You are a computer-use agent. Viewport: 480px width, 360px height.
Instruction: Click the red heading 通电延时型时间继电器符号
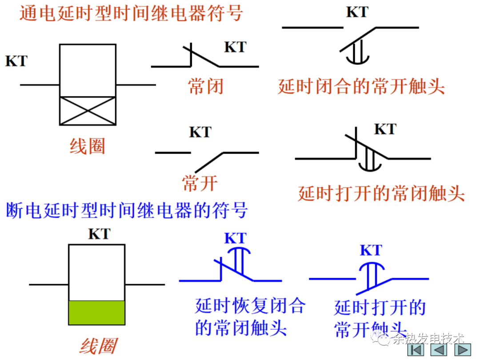(x=131, y=13)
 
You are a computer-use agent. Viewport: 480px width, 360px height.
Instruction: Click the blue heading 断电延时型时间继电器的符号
(x=127, y=210)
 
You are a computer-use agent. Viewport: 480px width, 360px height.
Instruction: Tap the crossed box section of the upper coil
(x=88, y=111)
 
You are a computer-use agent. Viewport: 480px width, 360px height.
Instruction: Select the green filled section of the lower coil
(x=96, y=312)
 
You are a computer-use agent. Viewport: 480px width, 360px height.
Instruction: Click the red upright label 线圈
(x=87, y=146)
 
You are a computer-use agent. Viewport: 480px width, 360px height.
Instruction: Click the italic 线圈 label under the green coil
(x=98, y=346)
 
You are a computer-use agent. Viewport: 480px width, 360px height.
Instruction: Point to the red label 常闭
(x=205, y=86)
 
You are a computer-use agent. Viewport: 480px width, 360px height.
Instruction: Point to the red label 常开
(x=200, y=183)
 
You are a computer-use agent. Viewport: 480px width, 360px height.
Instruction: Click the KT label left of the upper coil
(x=16, y=61)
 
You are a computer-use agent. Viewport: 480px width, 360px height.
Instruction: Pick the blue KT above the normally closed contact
(x=235, y=238)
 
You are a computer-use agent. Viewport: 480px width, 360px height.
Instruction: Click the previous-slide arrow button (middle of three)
(x=439, y=349)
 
